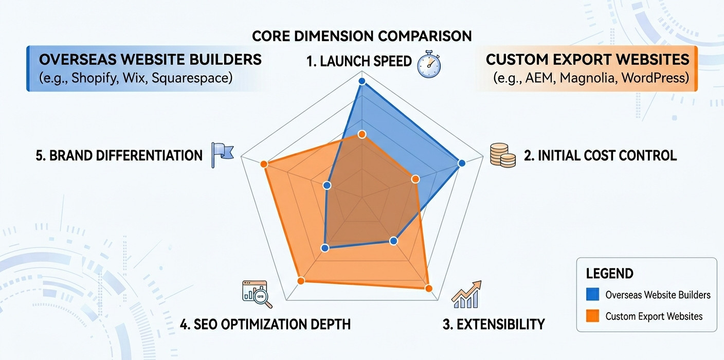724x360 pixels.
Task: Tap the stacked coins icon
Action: [x=502, y=155]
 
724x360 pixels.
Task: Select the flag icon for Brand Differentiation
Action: [x=222, y=155]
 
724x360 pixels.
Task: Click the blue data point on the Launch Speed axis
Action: [x=361, y=81]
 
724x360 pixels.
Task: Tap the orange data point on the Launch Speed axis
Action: [x=361, y=134]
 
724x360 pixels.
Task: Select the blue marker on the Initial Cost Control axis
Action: [x=461, y=163]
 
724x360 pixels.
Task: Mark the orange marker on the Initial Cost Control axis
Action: [x=415, y=179]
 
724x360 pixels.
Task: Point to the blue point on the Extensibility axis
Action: [x=394, y=240]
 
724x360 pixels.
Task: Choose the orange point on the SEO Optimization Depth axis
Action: [x=301, y=280]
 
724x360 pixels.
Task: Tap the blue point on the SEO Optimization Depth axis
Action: [x=324, y=248]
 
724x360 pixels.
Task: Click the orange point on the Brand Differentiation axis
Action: [x=264, y=164]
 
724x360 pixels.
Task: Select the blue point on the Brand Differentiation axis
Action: [x=327, y=185]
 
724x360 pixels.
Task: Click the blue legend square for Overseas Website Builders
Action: [x=592, y=294]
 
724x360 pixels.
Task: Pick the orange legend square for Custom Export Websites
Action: [x=592, y=316]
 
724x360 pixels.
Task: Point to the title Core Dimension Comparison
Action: [x=361, y=36]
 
